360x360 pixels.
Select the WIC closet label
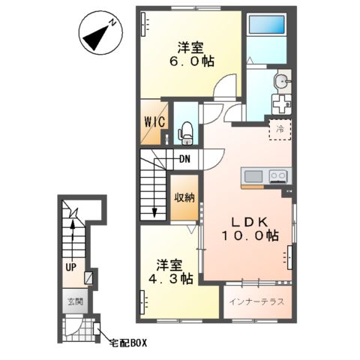(155, 123)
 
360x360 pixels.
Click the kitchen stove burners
(277, 177)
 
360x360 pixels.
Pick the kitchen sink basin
(253, 177)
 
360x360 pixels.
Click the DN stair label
(184, 158)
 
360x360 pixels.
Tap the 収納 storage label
(185, 199)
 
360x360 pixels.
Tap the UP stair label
(69, 266)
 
